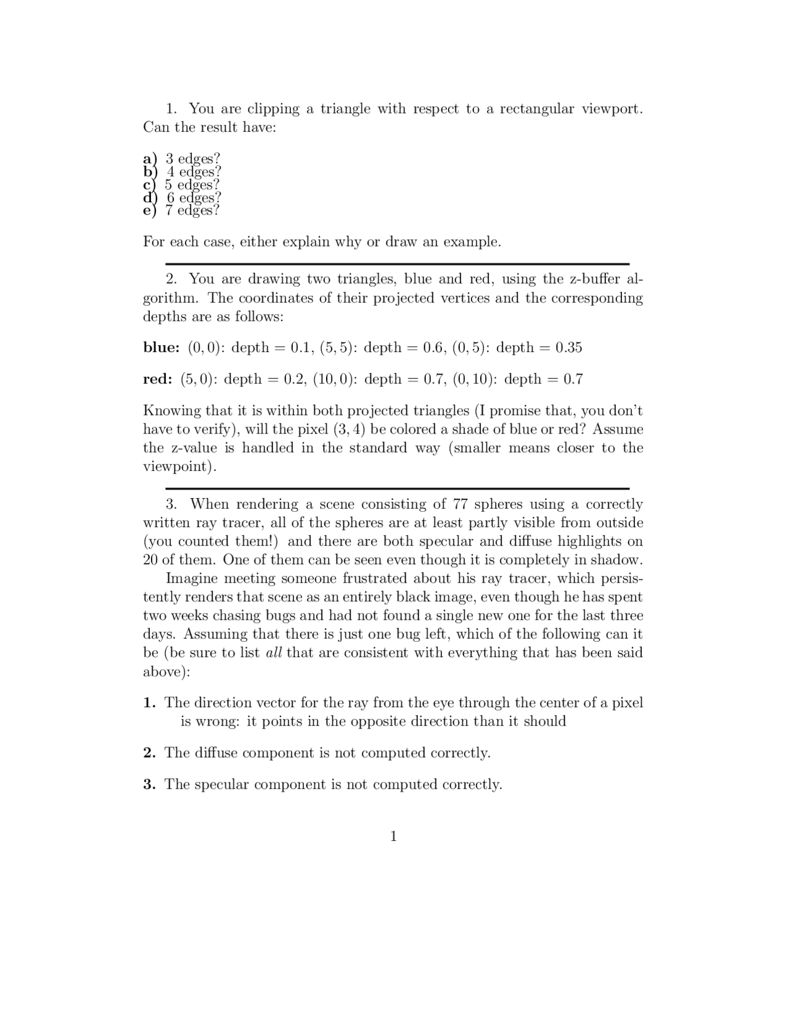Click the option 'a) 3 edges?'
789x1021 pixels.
point(182,158)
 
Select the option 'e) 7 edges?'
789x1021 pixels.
point(182,211)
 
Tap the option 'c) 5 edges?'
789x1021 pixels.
point(182,185)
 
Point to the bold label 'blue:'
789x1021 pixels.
point(161,348)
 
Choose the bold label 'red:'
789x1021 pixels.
point(158,379)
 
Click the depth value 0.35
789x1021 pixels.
point(568,348)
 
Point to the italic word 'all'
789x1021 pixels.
point(274,653)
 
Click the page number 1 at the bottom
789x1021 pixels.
point(394,837)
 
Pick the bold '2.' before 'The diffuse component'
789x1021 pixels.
point(150,753)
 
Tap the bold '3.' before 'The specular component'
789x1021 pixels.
point(150,785)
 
